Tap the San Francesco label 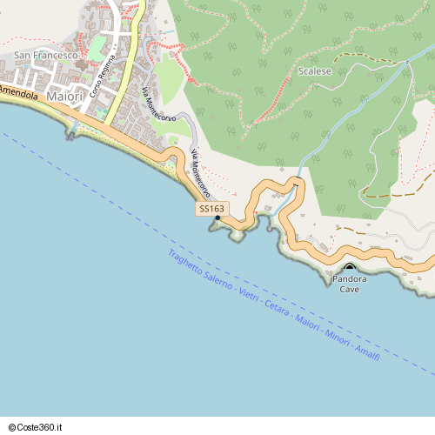[x=46, y=56]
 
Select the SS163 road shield [x=211, y=209]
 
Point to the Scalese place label [x=314, y=71]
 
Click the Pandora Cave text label [x=349, y=284]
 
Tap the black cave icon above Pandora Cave [x=350, y=267]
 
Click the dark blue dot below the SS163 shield [x=217, y=217]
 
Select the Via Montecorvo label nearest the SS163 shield [x=200, y=172]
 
